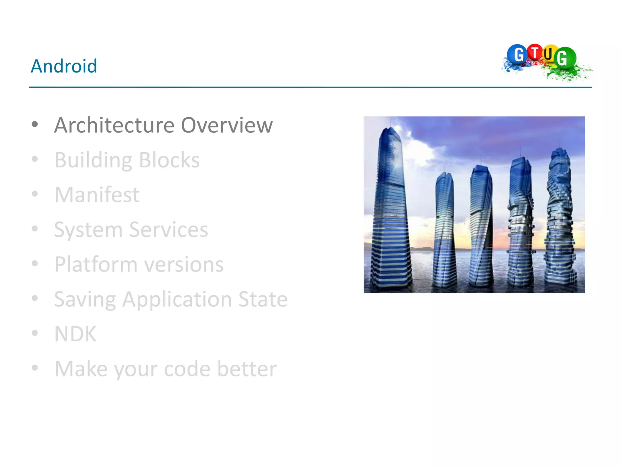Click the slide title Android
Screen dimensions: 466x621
64,66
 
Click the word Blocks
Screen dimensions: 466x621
169,160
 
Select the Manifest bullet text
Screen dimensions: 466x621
97,195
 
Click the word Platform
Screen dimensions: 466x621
96,265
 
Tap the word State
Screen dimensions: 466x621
263,299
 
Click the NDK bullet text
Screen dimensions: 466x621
75,334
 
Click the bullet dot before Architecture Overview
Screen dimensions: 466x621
35,124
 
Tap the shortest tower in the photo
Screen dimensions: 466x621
444,231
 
